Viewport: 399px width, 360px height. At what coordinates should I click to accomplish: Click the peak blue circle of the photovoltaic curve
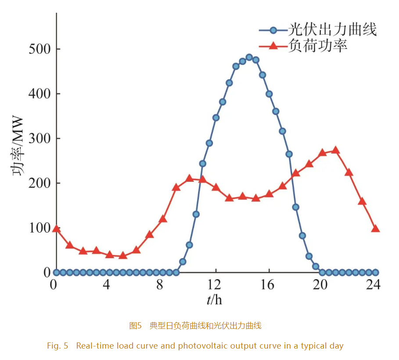click(249, 57)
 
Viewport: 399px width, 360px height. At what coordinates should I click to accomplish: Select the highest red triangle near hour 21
click(336, 150)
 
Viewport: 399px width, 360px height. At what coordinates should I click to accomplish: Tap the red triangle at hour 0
click(56, 229)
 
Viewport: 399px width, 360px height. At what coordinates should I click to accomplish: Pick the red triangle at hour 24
click(375, 229)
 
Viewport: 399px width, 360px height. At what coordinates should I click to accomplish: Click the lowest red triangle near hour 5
click(123, 255)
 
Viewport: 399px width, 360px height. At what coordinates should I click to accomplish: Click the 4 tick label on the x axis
click(107, 285)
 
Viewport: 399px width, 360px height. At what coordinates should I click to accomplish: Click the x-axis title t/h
click(215, 300)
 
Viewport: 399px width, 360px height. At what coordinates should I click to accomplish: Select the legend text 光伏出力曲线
click(332, 30)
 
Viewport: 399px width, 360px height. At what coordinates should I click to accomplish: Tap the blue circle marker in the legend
click(273, 30)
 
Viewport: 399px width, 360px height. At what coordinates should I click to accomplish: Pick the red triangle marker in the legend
click(273, 45)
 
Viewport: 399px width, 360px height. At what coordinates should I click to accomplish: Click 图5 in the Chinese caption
click(135, 326)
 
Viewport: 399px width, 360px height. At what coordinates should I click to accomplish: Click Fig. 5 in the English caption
click(58, 346)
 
